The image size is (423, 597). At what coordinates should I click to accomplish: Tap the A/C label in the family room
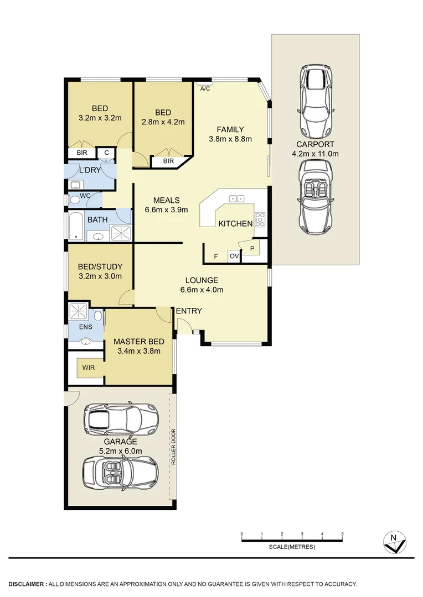204,88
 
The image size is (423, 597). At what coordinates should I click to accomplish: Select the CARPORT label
315,144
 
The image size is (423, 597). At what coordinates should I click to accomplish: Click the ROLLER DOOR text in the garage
173,446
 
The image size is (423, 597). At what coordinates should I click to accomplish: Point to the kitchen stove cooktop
260,220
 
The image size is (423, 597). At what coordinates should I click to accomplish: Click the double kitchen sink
238,198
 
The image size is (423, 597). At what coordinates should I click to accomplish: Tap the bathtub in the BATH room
76,227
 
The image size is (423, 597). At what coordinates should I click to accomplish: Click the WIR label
89,367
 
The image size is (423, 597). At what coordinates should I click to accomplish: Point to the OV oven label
234,256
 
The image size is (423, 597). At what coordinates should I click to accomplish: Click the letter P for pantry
252,249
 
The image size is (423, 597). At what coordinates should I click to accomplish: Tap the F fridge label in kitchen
215,256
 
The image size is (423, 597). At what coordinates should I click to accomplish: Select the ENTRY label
189,311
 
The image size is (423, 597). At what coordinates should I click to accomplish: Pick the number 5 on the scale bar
342,534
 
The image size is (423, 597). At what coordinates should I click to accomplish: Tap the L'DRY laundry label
90,170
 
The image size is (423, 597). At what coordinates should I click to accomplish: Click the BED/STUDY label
100,266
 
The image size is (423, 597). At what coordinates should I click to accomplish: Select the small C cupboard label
106,153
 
